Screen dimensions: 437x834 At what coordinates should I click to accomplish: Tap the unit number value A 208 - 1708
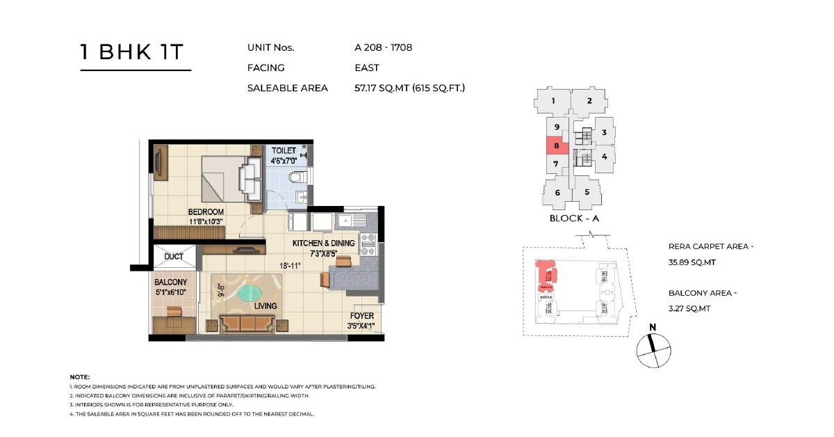point(384,48)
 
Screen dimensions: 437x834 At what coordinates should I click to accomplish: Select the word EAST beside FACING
point(366,68)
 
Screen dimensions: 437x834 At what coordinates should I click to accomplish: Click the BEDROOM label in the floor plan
point(206,212)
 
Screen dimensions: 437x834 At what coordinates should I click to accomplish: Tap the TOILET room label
point(284,151)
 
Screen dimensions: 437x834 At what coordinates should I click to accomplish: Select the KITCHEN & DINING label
point(323,244)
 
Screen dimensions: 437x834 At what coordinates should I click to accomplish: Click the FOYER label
point(361,316)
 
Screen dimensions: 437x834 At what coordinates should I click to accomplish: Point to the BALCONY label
point(170,282)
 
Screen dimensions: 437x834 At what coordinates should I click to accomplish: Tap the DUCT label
point(174,257)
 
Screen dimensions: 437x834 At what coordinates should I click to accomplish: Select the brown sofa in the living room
point(247,324)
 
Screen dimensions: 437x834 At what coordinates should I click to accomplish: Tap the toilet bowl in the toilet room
point(297,177)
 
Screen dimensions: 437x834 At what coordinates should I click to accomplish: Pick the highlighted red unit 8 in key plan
point(557,146)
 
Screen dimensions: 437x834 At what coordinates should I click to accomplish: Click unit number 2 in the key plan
point(589,101)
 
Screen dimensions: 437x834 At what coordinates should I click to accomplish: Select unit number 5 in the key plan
point(587,192)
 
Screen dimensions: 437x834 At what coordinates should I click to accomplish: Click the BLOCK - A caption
point(573,218)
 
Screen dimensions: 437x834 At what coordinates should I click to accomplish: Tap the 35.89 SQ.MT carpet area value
point(692,262)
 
